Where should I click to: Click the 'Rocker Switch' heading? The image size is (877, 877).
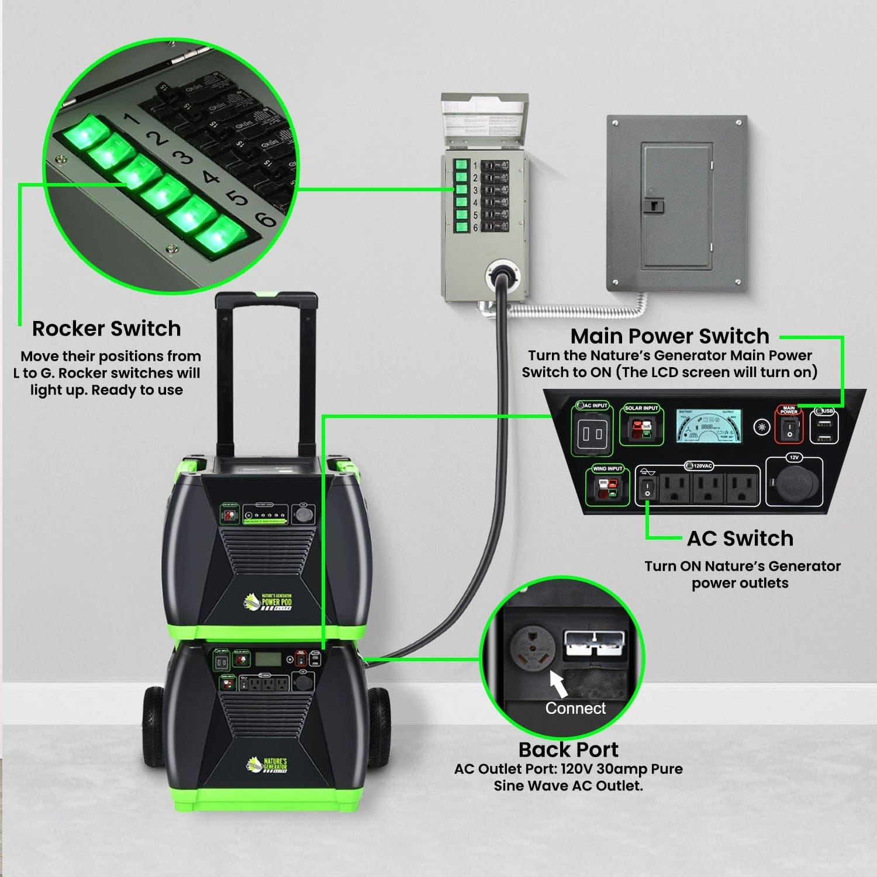[x=106, y=329]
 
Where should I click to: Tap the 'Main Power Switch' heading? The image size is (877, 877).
[x=669, y=336]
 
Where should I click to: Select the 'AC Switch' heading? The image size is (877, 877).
[x=740, y=538]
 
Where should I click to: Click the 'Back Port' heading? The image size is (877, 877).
[x=568, y=750]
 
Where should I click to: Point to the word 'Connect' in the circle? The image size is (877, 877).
[x=575, y=708]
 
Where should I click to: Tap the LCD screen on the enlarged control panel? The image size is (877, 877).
[x=709, y=426]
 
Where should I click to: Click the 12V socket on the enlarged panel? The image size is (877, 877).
[x=793, y=485]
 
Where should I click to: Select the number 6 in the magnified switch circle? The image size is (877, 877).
[x=266, y=219]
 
